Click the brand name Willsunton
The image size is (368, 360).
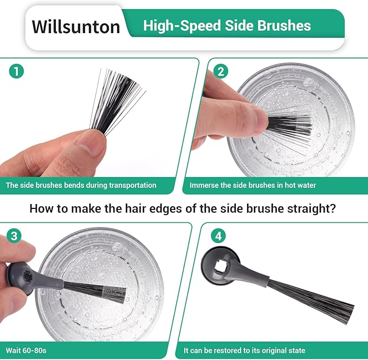pos(76,27)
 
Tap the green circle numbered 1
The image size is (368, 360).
pos(16,71)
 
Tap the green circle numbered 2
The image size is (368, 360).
pos(221,71)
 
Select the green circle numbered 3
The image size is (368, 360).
pos(14,235)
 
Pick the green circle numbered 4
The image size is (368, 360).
pos(218,236)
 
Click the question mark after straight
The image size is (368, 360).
pos(332,208)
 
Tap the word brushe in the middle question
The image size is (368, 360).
pos(265,208)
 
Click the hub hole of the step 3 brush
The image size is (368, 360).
pos(28,277)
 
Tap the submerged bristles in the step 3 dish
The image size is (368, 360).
pos(95,292)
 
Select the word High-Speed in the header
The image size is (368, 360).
pos(182,26)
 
